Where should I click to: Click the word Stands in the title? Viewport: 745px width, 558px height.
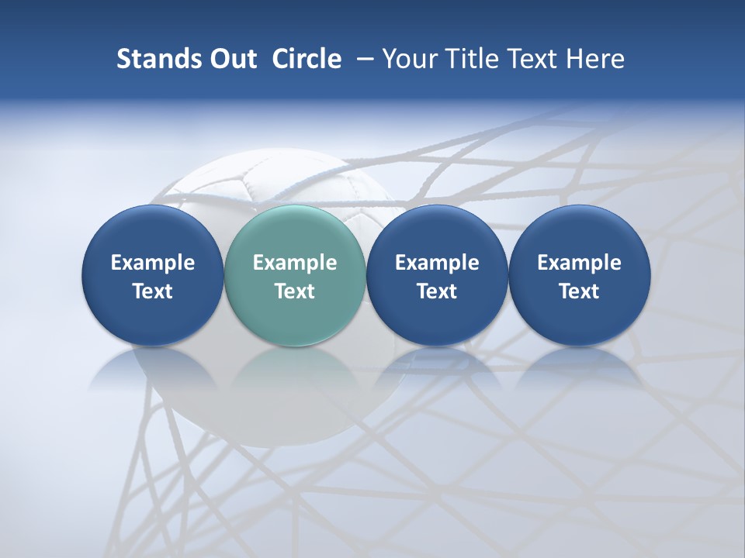158,59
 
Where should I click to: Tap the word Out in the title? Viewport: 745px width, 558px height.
230,59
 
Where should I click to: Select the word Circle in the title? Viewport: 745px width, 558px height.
307,59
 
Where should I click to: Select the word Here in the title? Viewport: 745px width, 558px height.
594,59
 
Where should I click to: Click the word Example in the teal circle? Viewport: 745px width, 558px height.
295,263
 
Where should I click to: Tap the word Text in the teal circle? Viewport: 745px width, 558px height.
295,291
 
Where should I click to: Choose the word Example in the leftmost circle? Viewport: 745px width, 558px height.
153,263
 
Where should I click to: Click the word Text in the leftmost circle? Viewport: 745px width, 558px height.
153,291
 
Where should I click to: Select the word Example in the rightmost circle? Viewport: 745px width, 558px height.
579,263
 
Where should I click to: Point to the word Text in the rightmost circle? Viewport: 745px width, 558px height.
579,291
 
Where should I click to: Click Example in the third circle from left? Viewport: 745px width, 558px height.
437,263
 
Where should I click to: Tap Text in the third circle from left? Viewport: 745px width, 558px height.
437,291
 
